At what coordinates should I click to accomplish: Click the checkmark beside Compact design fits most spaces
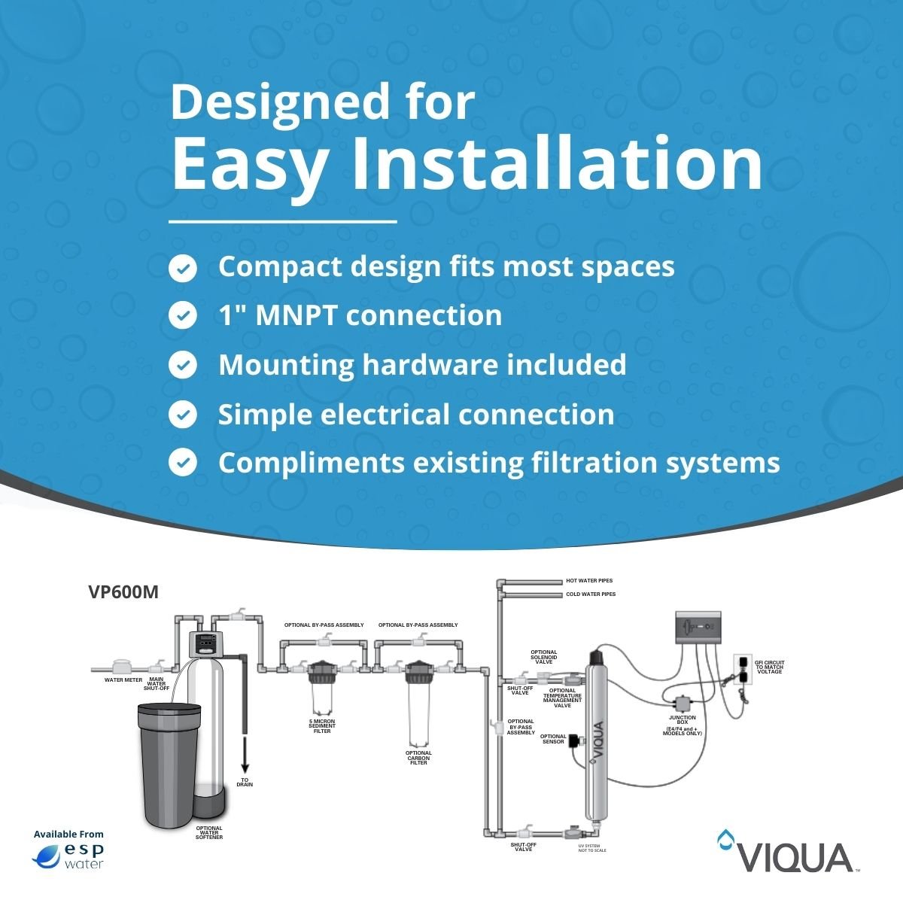pos(182,268)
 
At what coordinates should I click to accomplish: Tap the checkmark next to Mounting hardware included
pos(182,366)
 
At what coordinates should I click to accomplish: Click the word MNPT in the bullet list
pos(296,315)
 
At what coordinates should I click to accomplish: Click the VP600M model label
pos(123,592)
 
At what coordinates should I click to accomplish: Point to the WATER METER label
pos(123,680)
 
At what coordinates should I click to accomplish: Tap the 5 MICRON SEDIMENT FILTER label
pos(322,726)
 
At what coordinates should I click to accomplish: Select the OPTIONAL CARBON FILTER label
pos(418,758)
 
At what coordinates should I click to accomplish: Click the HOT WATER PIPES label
pos(589,581)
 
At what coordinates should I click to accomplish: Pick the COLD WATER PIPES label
pos(591,594)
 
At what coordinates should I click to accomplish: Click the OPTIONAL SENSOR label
pos(553,739)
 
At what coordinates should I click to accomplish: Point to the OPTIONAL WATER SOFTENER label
pos(209,832)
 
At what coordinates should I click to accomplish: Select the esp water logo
pos(69,855)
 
